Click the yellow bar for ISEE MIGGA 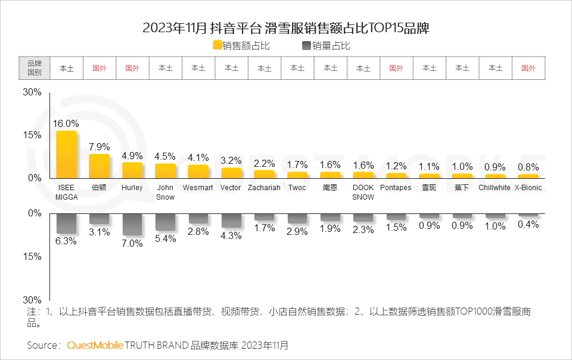(67, 154)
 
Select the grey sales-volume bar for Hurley (132, 224)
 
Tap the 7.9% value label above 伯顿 (99, 147)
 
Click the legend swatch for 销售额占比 (217, 45)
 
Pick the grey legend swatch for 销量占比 (306, 45)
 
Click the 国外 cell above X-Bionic (528, 68)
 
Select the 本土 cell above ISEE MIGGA (66, 68)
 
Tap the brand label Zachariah (264, 188)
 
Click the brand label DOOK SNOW (363, 193)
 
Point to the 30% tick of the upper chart (32, 92)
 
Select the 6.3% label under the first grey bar (66, 241)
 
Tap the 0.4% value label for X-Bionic (528, 225)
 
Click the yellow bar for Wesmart (198, 171)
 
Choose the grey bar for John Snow (165, 222)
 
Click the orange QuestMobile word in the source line (95, 345)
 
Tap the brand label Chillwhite (495, 188)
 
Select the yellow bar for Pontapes (396, 175)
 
